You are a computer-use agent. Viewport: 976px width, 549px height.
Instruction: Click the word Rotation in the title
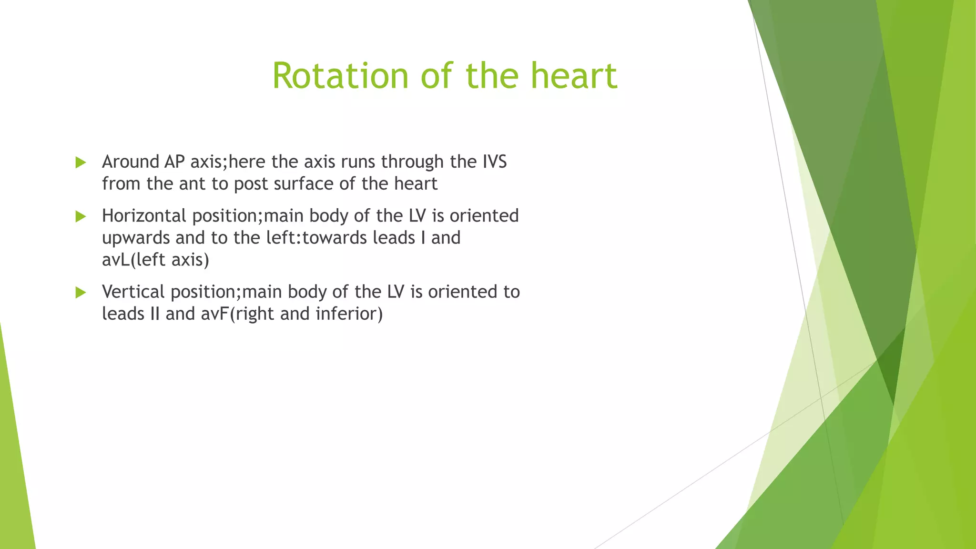(340, 76)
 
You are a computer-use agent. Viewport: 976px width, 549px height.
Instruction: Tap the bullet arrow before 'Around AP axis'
(81, 163)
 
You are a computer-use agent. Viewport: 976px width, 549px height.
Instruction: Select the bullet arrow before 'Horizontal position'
(81, 217)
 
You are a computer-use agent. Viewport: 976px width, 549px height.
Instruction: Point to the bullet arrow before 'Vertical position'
(81, 293)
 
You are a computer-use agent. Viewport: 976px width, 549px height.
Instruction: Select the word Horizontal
(144, 216)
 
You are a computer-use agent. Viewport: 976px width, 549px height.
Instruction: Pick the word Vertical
(133, 292)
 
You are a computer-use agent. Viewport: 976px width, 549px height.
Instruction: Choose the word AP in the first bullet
(174, 162)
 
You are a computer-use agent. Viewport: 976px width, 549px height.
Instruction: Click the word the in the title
(492, 76)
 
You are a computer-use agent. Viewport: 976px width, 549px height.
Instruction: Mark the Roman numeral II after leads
(154, 314)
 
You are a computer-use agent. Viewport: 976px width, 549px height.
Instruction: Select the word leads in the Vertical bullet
(122, 314)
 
